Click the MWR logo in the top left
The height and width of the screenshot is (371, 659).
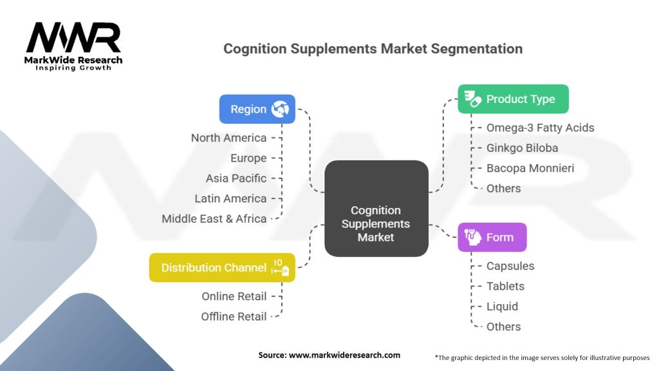point(73,40)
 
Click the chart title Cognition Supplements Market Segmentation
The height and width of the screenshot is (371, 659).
point(373,49)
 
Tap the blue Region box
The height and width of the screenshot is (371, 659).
point(257,109)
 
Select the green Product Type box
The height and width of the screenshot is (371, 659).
point(513,99)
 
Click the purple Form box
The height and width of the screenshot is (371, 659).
point(492,237)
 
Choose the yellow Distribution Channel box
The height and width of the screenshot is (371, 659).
point(222,267)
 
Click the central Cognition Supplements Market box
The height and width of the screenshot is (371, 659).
point(376,224)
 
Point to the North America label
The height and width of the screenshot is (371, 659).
point(228,138)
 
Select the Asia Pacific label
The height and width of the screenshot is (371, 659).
point(236,178)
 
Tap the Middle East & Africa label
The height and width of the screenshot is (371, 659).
point(214,219)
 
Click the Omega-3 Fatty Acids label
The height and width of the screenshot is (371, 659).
point(540,128)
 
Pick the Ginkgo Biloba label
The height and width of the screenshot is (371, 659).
point(522,148)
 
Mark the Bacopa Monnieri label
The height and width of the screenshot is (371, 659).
point(530,168)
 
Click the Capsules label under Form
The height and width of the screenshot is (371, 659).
point(510,266)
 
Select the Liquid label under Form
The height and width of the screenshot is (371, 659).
point(502,307)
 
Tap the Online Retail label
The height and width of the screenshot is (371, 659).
point(234,296)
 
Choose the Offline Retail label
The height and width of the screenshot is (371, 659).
point(234,317)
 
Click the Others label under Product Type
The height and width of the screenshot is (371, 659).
point(504,189)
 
